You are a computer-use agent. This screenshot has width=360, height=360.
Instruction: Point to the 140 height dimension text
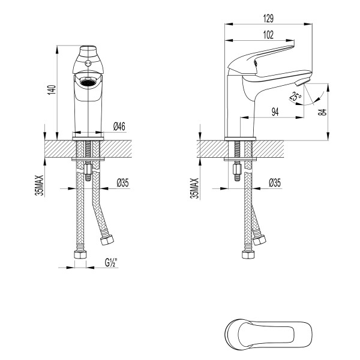[x=52, y=90]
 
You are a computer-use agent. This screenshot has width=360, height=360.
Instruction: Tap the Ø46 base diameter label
[x=119, y=126]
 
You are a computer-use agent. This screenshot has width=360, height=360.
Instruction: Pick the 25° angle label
[x=295, y=97]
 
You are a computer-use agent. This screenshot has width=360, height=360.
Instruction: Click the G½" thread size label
[x=110, y=262]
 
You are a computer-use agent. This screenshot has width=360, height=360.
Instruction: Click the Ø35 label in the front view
[x=122, y=182]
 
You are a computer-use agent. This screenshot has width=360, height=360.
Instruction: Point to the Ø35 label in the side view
[x=276, y=182]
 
